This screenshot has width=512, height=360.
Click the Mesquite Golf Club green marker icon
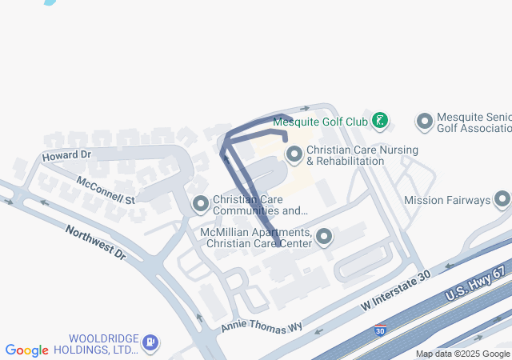tap(381, 122)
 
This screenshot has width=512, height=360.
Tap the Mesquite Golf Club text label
tap(320, 122)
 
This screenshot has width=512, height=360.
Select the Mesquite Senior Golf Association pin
tap(425, 122)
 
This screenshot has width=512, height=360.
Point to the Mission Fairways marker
tap(502, 199)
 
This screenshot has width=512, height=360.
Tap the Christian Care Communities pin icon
tap(200, 205)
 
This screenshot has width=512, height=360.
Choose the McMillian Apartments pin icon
tap(324, 237)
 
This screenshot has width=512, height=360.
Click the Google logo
tap(27, 350)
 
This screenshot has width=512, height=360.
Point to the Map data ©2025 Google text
tap(462, 354)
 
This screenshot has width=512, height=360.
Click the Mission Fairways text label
tap(446, 200)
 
